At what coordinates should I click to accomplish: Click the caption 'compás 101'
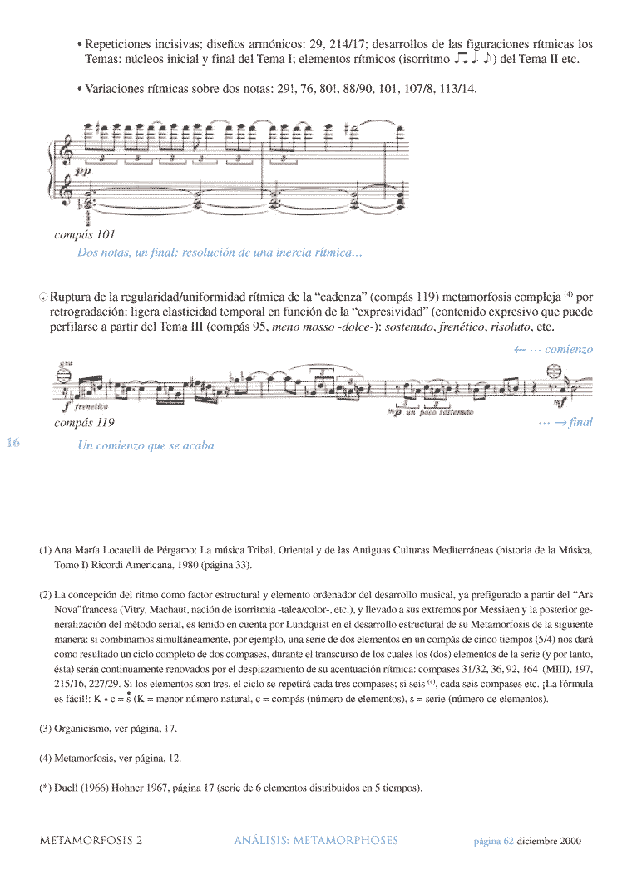[85, 234]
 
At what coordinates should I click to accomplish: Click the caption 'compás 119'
[84, 422]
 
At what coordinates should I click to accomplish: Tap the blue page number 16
[13, 442]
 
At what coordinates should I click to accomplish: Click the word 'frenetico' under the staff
[91, 408]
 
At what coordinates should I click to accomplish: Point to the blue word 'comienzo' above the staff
[569, 350]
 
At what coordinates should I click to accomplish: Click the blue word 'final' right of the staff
[580, 422]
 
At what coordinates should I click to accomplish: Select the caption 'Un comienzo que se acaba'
[146, 445]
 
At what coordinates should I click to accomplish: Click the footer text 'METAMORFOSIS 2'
[91, 840]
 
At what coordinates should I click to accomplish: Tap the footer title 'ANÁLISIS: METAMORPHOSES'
[316, 840]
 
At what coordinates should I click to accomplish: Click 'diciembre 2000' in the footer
[549, 841]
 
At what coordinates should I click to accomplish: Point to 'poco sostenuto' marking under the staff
[446, 412]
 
